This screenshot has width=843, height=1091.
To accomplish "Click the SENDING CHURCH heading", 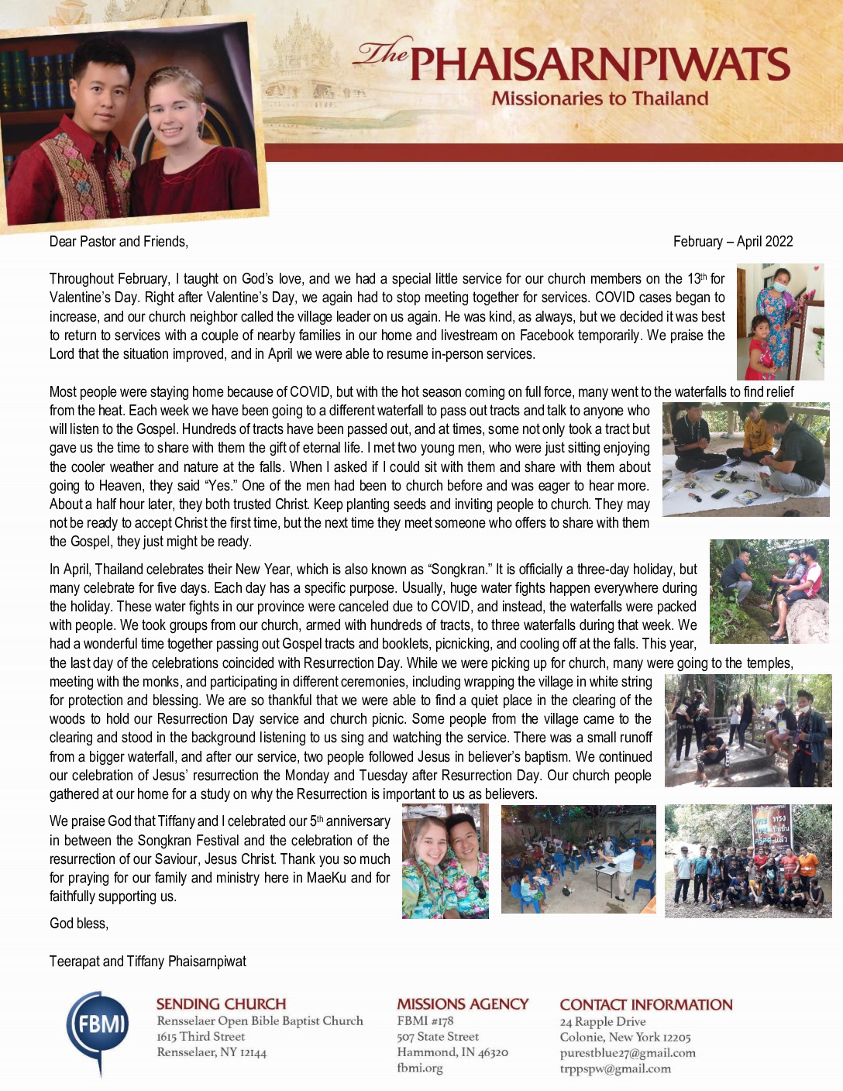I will click(221, 1003).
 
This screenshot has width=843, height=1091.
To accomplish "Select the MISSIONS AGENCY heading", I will click(463, 1003).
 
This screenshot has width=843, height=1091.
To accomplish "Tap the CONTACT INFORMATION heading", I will click(645, 1004).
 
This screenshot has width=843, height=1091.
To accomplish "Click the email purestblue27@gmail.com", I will click(628, 1053).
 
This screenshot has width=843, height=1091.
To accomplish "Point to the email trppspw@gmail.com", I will click(615, 1069).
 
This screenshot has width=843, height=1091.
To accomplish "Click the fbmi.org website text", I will click(419, 1068).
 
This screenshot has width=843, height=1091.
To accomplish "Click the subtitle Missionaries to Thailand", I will click(600, 98).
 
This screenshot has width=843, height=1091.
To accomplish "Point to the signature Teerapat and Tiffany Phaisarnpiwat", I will click(148, 962).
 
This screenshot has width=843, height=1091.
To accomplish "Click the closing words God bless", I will click(79, 924).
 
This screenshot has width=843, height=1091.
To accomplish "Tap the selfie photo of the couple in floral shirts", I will click(446, 861).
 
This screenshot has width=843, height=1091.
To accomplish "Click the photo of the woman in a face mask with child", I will click(779, 322).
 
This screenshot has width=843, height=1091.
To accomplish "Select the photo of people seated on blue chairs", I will click(578, 859).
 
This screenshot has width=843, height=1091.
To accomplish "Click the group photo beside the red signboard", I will click(748, 861).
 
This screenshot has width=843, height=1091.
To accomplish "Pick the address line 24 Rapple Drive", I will click(602, 1021).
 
